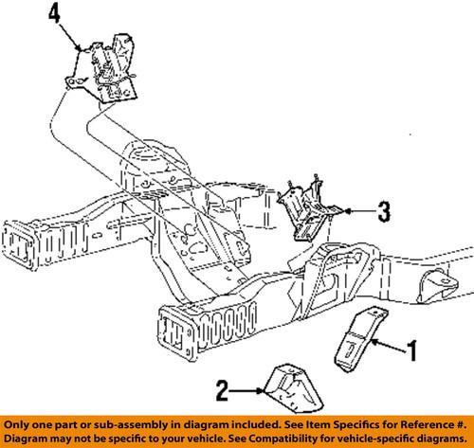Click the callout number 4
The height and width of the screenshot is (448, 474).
pos(54,15)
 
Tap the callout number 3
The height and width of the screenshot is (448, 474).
pos(384,211)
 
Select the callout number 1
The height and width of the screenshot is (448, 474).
pos(411,350)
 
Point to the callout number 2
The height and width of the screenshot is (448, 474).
pos(223,391)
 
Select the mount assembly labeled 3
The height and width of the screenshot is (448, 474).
pos(308,208)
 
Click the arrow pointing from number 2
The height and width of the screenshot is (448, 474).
pos(246,391)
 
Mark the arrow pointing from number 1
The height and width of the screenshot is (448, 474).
pos(389,346)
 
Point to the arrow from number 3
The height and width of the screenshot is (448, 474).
pos(360,211)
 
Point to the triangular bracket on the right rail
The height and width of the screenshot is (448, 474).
pos(438,286)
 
